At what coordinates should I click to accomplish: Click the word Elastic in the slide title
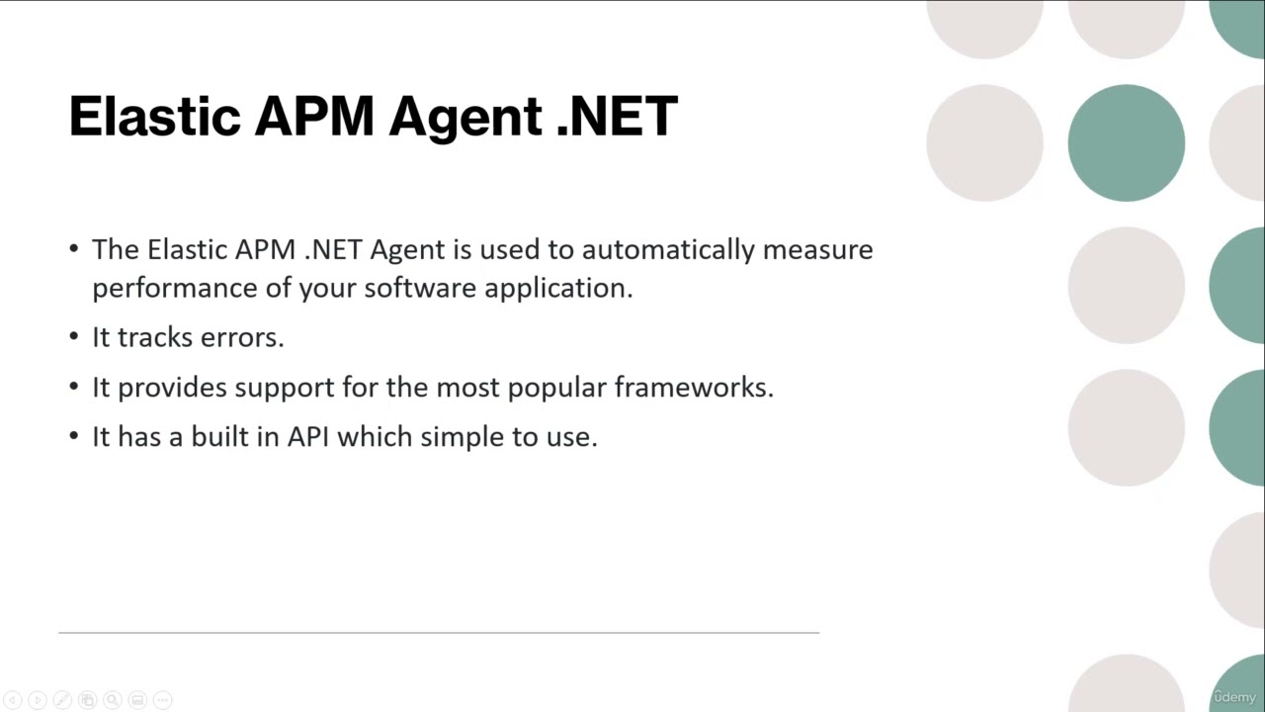point(153,117)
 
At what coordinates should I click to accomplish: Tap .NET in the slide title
point(617,117)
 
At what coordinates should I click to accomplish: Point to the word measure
point(817,249)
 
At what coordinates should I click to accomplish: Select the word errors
point(242,337)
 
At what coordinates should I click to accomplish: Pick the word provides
point(172,388)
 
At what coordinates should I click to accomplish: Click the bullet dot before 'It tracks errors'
point(74,337)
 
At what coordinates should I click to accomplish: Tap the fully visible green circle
point(1126,143)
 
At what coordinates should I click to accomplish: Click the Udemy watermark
point(1234,697)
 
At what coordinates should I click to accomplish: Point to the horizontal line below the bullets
point(439,632)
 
